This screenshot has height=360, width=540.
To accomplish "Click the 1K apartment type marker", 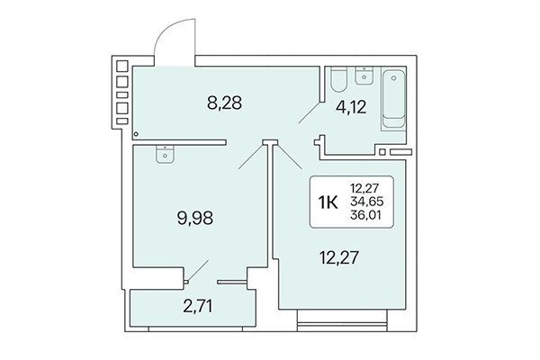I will click(328, 202).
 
